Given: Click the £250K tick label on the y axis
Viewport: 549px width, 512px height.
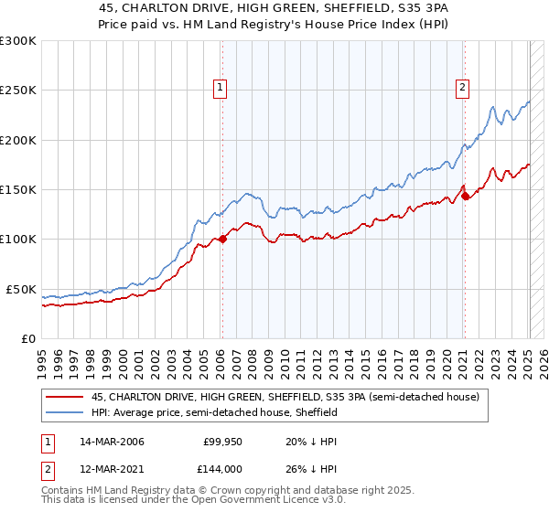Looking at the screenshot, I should coord(18,91).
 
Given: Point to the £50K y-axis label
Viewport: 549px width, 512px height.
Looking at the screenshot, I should coord(21,289).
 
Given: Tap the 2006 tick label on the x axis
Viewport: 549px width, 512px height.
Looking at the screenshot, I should coord(221,355).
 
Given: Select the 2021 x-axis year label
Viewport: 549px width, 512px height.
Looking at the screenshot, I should coord(464,355).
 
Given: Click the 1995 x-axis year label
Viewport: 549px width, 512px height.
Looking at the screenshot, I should coord(42,355).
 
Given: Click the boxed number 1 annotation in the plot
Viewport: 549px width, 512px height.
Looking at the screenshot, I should coord(221,88).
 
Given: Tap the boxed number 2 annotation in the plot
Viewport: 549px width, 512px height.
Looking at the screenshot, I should coord(463,88).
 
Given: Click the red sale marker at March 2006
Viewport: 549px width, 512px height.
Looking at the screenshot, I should coord(222,240).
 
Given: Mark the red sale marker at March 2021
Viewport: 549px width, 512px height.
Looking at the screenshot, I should coord(465,195).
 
